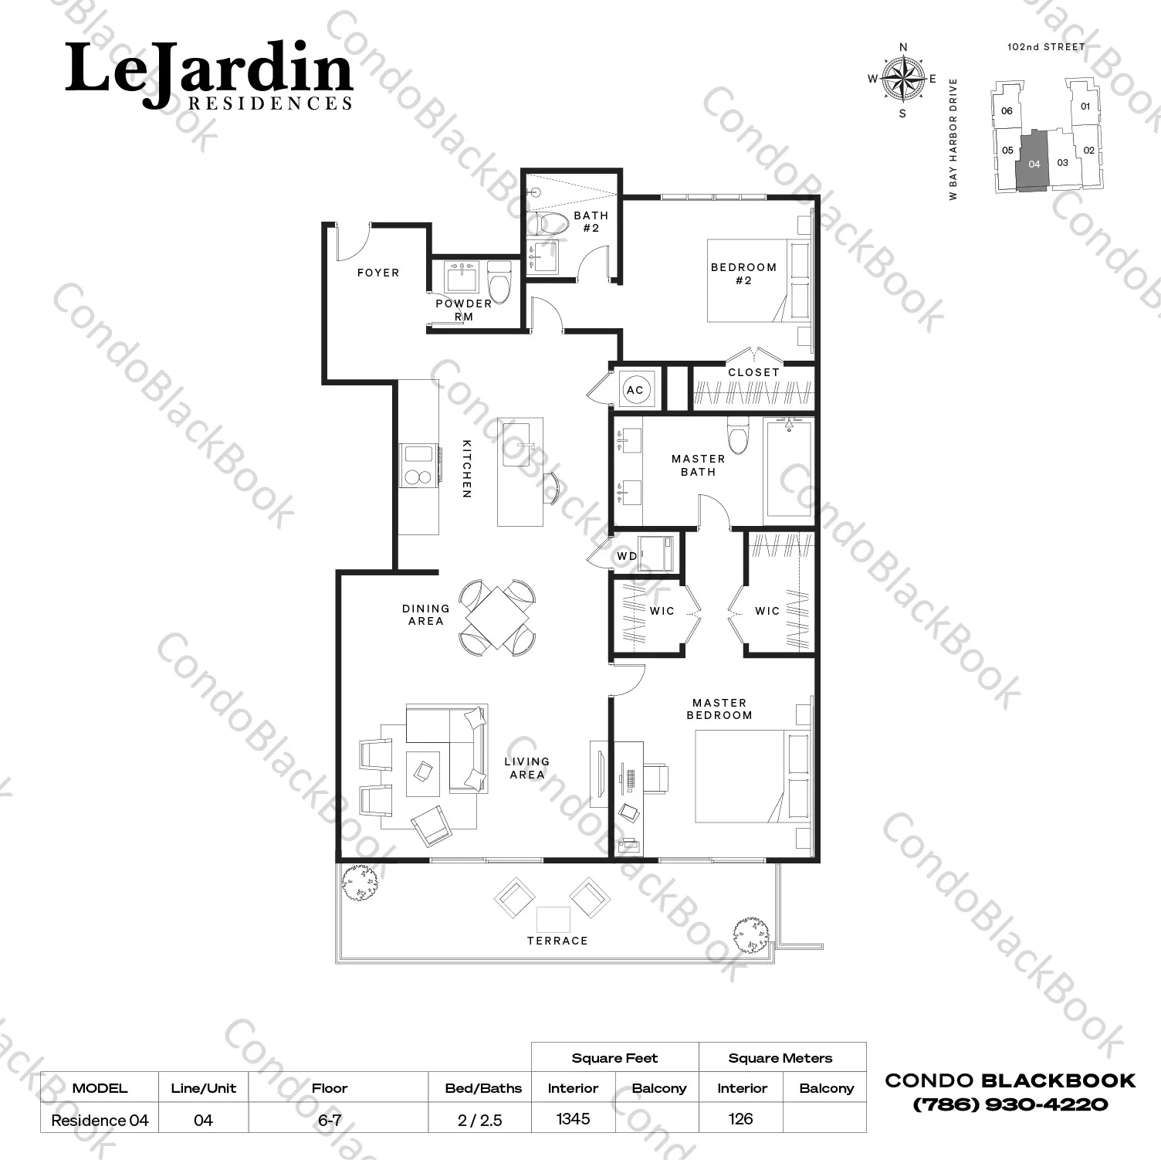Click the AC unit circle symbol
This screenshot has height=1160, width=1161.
point(635,389)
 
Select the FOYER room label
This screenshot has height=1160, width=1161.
point(378,273)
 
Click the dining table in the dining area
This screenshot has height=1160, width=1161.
point(498,618)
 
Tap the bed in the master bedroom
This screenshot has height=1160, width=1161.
point(753,776)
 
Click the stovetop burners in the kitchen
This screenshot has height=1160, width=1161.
point(418,466)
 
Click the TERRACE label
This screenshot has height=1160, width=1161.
point(557,941)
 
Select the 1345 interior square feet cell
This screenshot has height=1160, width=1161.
point(573,1118)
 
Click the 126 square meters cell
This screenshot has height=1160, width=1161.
point(740,1118)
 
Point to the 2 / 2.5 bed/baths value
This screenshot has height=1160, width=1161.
point(480,1120)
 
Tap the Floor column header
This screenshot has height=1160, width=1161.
point(330,1088)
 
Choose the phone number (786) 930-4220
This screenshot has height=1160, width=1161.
point(1010,1104)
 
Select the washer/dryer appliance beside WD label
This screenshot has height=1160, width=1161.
point(658,553)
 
